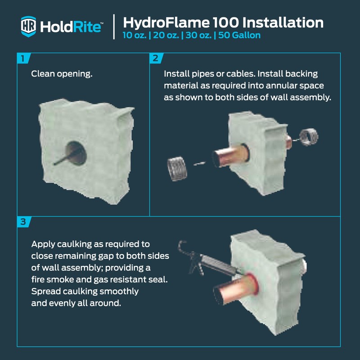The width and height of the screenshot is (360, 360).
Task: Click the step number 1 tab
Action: (22, 58)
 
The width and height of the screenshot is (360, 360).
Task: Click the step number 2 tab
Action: (155, 58)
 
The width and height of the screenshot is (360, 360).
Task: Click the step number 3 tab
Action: (22, 221)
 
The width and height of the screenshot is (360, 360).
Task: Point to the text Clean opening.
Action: (62, 73)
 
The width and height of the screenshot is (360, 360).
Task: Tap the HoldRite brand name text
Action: (71, 27)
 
